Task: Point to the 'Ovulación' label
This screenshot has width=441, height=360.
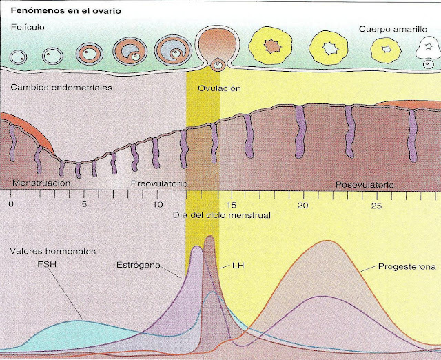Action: click(218, 88)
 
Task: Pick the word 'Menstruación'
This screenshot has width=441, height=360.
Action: click(42, 184)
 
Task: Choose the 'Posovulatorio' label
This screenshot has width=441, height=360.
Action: click(365, 185)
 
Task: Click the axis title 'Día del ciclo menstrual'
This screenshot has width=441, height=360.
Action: click(221, 215)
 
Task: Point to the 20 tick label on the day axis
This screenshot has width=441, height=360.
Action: click(301, 205)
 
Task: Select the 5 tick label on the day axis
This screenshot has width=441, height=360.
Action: click(84, 205)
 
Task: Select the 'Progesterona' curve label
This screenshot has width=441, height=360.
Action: click(404, 265)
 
